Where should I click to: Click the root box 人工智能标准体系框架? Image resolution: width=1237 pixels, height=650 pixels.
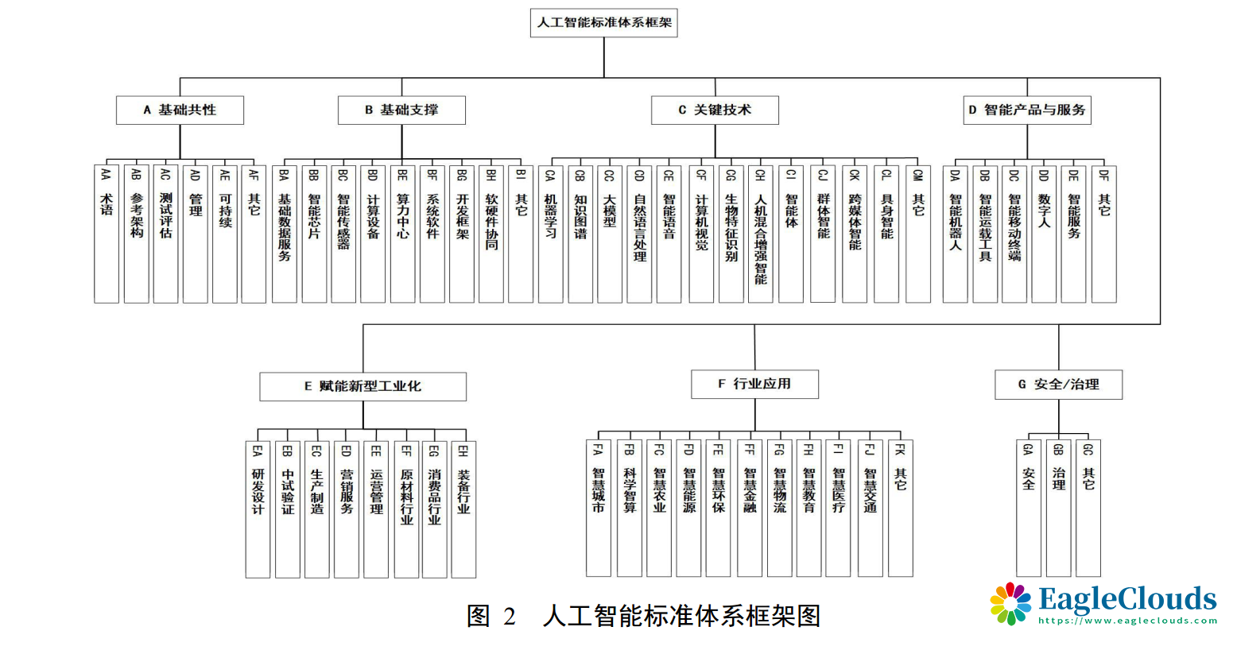pyautogui.click(x=604, y=23)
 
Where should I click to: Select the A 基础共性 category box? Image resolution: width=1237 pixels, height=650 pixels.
pyautogui.click(x=180, y=110)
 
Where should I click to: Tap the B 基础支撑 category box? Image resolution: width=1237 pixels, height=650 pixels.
pyautogui.click(x=401, y=110)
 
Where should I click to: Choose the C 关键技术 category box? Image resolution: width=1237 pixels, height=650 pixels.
pyautogui.click(x=715, y=110)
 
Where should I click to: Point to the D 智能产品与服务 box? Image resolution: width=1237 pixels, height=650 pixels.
pyautogui.click(x=1027, y=110)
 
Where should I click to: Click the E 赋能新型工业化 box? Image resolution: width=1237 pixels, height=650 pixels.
pyautogui.click(x=363, y=386)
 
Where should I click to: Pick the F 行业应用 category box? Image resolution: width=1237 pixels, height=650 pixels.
pyautogui.click(x=754, y=384)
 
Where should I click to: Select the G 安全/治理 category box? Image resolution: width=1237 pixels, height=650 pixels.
pyautogui.click(x=1058, y=385)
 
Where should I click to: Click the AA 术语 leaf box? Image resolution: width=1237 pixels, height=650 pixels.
pyautogui.click(x=107, y=234)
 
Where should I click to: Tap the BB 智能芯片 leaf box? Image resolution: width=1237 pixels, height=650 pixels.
pyautogui.click(x=314, y=234)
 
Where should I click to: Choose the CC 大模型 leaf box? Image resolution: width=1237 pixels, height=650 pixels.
pyautogui.click(x=610, y=234)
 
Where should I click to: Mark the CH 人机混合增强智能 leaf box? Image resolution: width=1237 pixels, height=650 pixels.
pyautogui.click(x=761, y=234)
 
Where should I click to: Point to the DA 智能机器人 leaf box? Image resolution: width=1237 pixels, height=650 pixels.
pyautogui.click(x=956, y=234)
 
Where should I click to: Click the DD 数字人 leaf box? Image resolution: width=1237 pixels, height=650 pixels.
pyautogui.click(x=1044, y=234)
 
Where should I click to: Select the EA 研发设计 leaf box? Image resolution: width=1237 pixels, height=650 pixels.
pyautogui.click(x=258, y=509)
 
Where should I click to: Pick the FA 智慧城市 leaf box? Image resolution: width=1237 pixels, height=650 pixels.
pyautogui.click(x=599, y=508)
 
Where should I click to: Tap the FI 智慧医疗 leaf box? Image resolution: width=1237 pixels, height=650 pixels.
pyautogui.click(x=838, y=508)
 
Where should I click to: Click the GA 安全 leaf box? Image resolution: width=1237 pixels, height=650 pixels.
pyautogui.click(x=1029, y=508)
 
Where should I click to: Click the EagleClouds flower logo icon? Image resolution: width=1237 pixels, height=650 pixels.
pyautogui.click(x=1010, y=604)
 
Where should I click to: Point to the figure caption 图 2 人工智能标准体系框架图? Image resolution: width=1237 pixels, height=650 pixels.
pyautogui.click(x=643, y=616)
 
